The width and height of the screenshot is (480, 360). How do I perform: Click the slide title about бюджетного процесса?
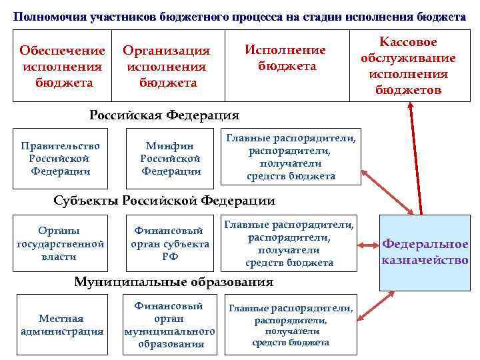coord(239,17)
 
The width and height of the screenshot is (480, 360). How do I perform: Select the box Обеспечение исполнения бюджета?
coord(62,67)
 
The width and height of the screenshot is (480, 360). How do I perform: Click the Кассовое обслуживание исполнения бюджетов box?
coord(408,65)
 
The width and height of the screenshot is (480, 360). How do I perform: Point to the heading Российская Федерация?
coord(164,115)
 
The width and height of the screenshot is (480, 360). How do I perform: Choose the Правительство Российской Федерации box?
coord(60,159)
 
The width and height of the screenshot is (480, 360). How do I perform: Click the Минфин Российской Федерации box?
coord(171,159)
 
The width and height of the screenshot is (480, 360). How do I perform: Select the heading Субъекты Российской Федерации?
coord(164,201)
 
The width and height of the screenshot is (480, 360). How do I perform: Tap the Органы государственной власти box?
coord(60,243)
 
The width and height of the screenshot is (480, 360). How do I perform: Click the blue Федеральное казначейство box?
coord(424,252)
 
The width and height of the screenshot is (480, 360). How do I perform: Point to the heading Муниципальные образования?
coord(173,282)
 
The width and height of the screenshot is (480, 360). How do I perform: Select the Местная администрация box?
coord(61,325)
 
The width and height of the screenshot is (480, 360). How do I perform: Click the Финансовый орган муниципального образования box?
coord(169,325)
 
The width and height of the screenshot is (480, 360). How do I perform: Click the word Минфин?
coord(170,147)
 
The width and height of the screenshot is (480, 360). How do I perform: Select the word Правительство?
coord(60,146)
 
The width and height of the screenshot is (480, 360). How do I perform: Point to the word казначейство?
coord(425,260)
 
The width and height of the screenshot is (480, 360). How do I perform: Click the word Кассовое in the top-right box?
coord(408,42)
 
